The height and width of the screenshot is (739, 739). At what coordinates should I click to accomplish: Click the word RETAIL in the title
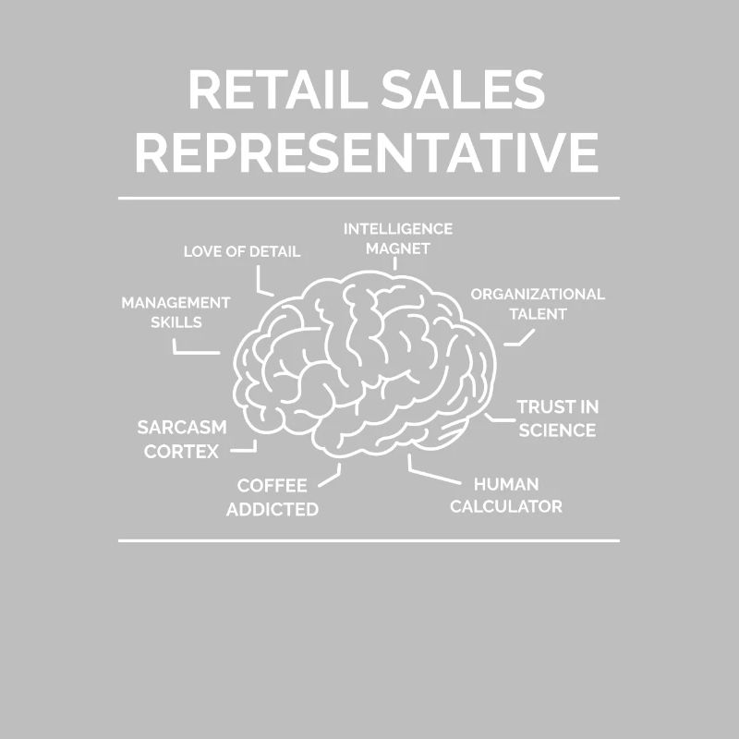278,90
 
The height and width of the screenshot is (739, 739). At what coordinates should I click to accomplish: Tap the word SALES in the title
464,90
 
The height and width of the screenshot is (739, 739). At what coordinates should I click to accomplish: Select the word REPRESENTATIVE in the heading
367,152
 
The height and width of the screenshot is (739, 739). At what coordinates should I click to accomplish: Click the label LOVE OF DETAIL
242,251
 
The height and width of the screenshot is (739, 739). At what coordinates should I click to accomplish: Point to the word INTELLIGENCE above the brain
398,229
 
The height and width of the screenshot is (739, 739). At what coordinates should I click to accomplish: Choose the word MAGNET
398,248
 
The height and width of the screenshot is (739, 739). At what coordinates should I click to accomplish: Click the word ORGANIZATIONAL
538,294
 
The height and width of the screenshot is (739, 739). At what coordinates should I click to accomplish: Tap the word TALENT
538,314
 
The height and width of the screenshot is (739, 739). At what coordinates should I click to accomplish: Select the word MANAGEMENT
176,303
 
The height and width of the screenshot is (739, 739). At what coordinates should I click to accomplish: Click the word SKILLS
176,322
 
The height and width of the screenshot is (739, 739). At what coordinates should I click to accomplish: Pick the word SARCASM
182,428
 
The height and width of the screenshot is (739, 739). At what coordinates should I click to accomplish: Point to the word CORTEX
181,452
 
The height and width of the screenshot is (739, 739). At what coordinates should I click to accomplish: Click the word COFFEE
272,486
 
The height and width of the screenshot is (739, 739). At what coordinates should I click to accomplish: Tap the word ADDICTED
273,510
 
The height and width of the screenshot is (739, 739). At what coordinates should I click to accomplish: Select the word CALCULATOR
506,506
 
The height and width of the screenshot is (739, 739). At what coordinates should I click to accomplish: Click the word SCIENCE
557,430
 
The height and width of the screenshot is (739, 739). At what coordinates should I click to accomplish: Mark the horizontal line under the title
369,199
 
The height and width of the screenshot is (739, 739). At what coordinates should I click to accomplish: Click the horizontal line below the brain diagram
369,540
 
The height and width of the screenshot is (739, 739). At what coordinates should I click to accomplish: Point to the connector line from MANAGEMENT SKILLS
188,352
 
